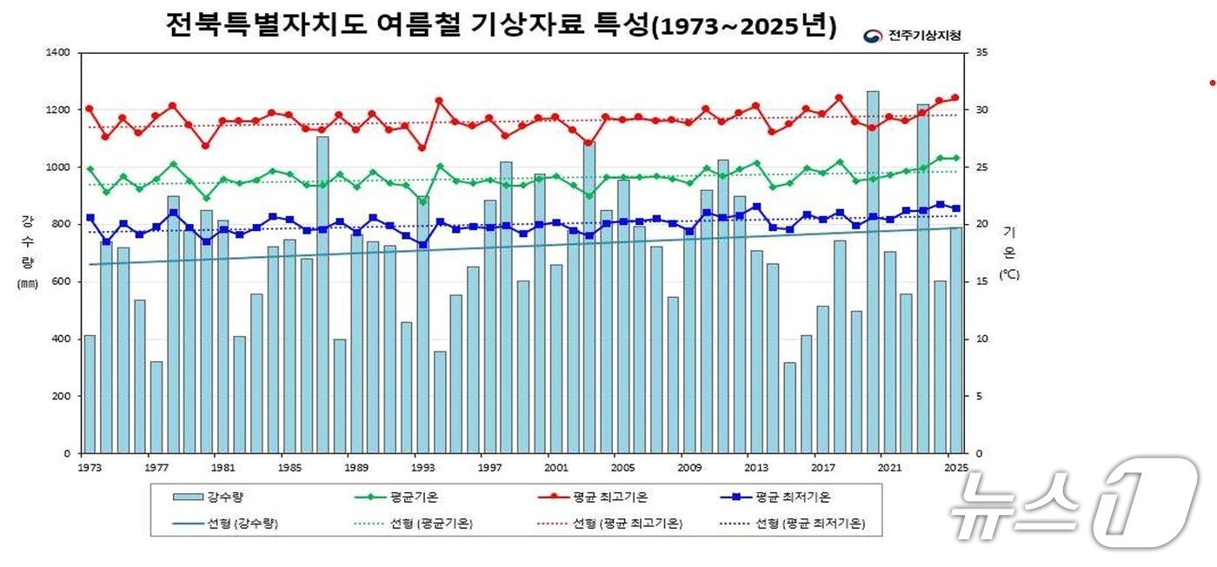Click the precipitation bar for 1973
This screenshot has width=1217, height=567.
pos(89,395)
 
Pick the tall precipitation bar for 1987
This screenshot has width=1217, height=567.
pos(323,295)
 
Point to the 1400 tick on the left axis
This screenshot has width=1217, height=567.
pos(58,53)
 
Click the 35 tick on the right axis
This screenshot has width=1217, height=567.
pos(982,53)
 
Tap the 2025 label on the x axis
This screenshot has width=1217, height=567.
pos(956,468)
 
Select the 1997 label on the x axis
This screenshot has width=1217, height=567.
pos(489,468)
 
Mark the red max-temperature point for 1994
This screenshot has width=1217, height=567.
pos(439,101)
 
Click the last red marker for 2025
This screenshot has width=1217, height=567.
pos(955,97)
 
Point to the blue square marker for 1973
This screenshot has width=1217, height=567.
pos(90,218)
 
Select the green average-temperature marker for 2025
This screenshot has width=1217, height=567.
pos(955,158)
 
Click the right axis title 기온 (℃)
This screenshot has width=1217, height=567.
pos(1008,253)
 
